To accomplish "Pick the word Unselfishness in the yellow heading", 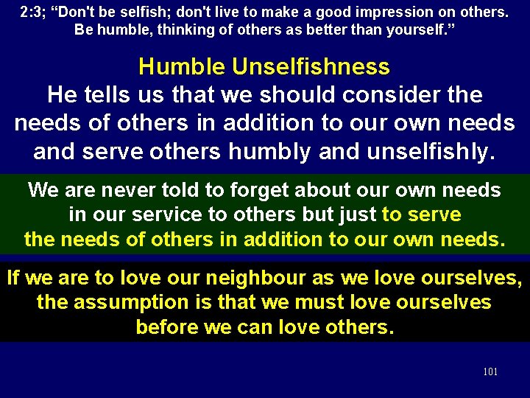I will (x=311, y=67).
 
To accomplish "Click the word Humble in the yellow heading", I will (x=182, y=67).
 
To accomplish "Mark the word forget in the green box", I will (x=257, y=190).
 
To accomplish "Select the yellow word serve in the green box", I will (x=434, y=215).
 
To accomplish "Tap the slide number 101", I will (x=490, y=371).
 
